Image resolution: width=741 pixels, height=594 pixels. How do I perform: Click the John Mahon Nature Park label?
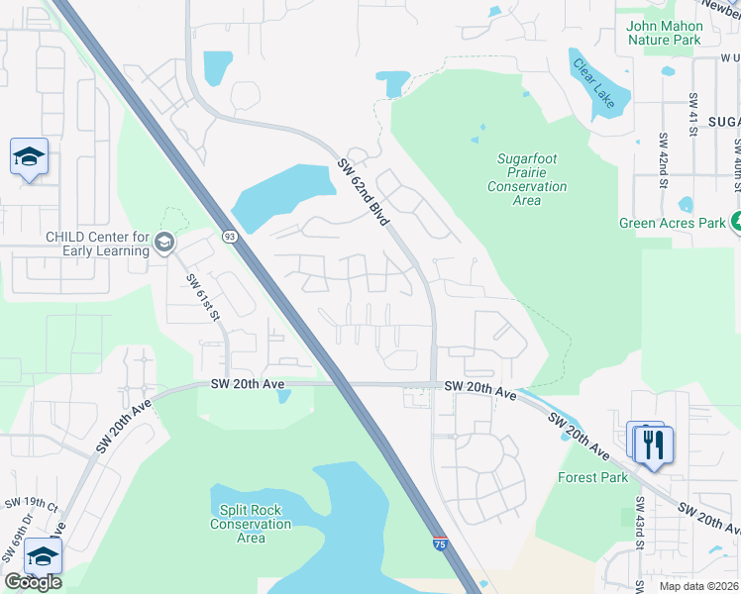[x=664, y=33]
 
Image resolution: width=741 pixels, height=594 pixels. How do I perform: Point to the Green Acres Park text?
[x=673, y=223]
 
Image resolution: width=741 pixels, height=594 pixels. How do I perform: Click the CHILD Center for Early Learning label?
[x=97, y=244]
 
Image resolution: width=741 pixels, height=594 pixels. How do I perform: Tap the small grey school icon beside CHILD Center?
[x=164, y=243]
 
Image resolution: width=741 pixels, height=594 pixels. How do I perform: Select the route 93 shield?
[x=229, y=236]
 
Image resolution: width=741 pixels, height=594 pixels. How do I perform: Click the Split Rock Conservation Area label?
[x=251, y=524]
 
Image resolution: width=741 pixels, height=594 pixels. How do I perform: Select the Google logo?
[x=33, y=582]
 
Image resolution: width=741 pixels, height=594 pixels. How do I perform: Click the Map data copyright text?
[x=685, y=586]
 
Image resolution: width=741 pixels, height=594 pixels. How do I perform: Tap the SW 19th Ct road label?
[x=31, y=504]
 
